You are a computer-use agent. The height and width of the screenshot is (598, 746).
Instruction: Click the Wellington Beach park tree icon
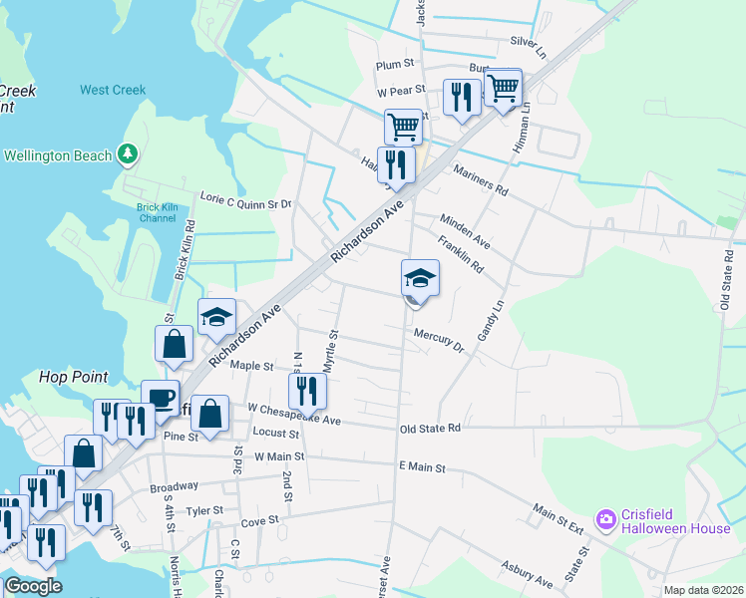click(127, 154)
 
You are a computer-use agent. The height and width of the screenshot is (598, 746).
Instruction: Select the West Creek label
click(113, 90)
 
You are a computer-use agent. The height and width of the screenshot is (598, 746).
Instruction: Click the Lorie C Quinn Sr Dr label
click(245, 202)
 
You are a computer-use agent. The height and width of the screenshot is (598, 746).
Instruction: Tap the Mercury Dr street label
click(439, 340)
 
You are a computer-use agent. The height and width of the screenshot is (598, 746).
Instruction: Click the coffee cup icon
click(160, 398)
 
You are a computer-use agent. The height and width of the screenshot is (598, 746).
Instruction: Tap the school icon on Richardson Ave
click(216, 317)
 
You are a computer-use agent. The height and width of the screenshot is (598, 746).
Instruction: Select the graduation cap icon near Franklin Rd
click(420, 278)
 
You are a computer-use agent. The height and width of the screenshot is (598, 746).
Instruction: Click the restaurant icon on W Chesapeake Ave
click(307, 392)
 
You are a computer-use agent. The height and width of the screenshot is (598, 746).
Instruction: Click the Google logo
click(32, 586)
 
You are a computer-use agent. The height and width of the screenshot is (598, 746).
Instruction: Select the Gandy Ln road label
click(491, 323)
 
